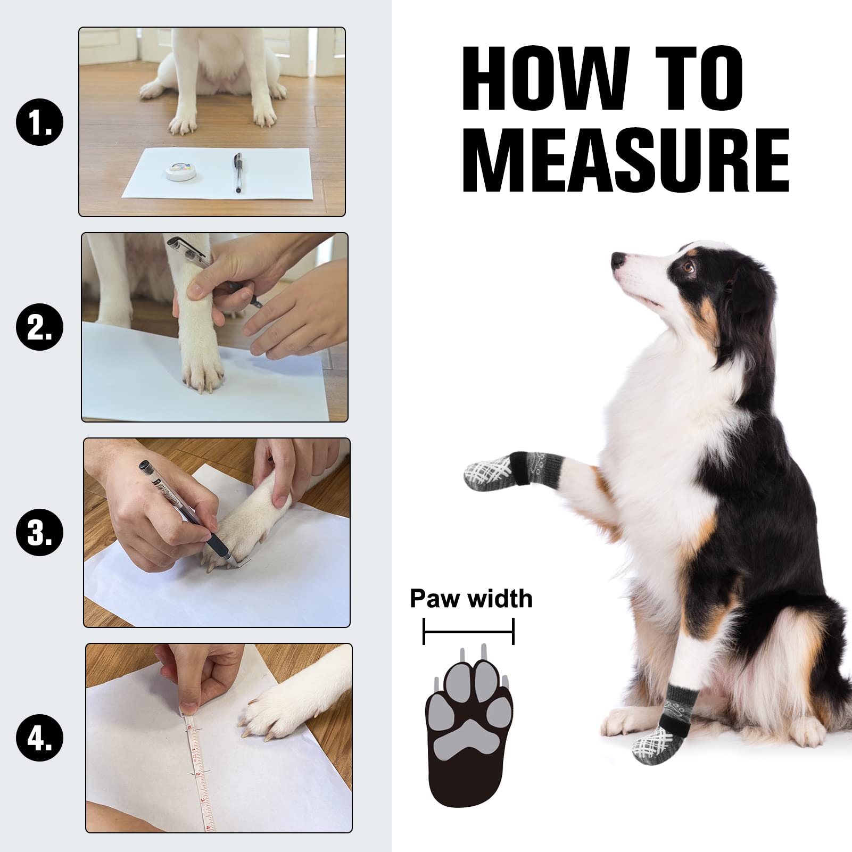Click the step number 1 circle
[40, 123]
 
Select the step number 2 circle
[40, 326]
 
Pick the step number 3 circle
[40, 532]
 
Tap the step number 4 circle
[40, 738]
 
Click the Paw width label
[471, 599]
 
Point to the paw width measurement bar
[468, 631]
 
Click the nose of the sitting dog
[617, 260]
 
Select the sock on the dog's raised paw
[503, 468]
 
